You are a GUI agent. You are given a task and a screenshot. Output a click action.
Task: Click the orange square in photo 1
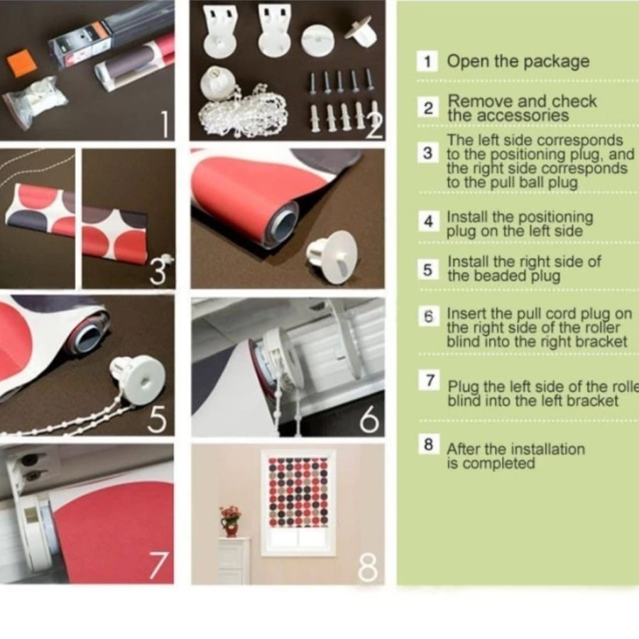[x=21, y=62]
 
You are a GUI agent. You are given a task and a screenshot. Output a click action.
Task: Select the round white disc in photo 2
[x=317, y=40]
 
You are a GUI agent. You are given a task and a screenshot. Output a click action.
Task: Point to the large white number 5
[x=158, y=419]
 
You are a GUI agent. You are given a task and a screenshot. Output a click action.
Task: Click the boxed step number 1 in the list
[x=427, y=62]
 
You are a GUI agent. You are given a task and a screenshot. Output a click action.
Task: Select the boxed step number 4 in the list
[x=428, y=222]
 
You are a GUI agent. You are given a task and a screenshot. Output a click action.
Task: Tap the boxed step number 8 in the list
[x=429, y=444]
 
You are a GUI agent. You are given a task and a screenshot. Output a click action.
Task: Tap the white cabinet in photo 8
[x=234, y=560]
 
